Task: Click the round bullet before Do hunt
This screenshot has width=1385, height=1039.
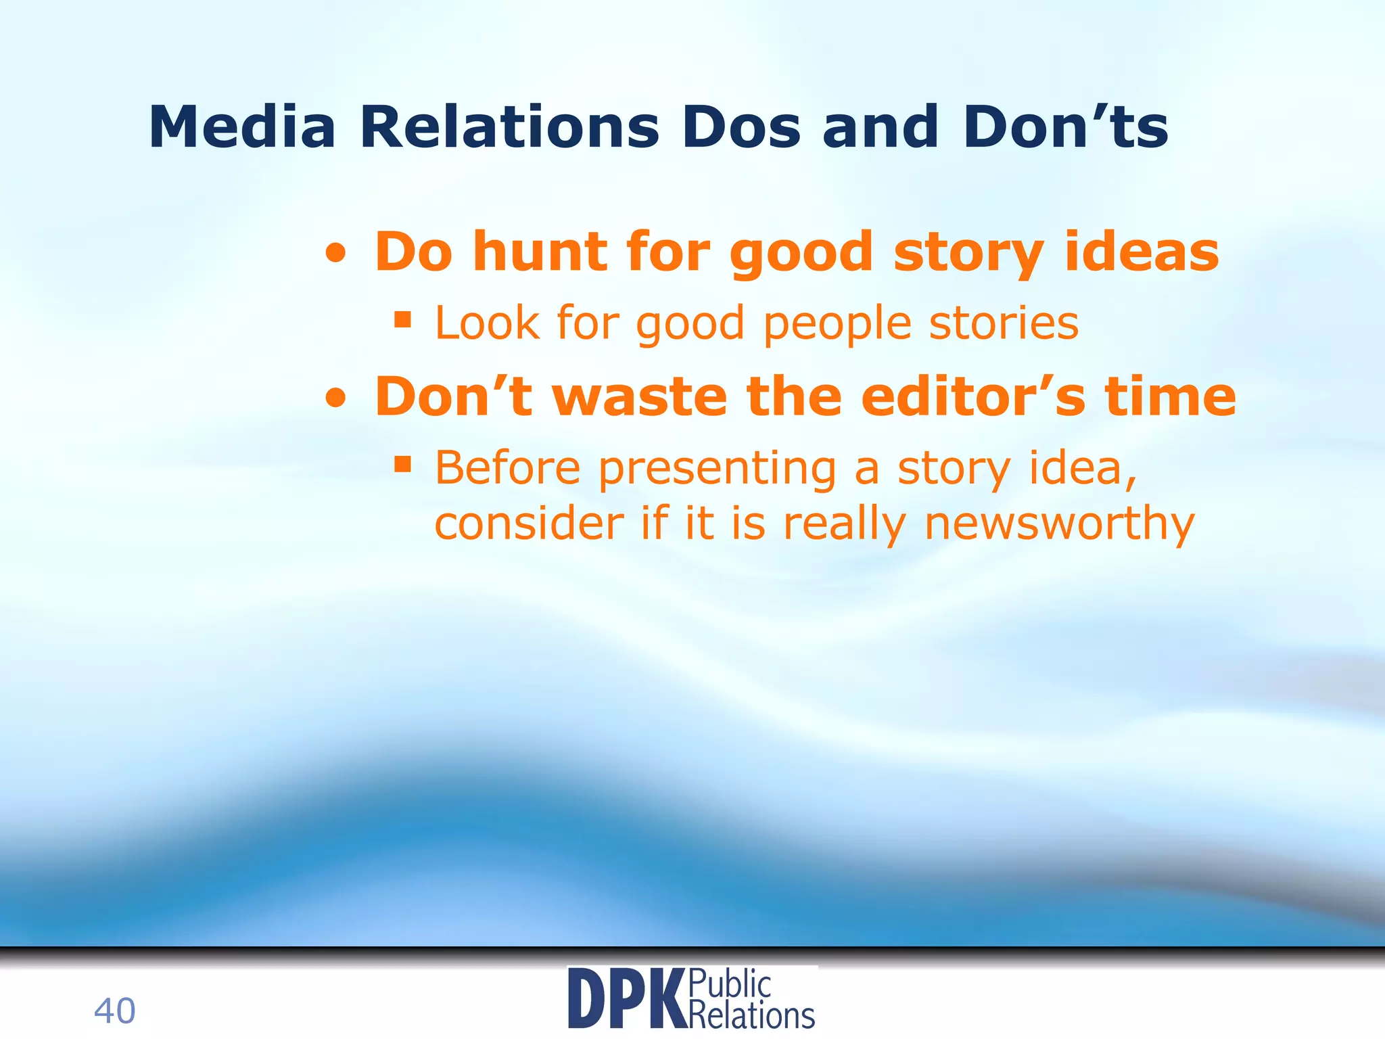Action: pyautogui.click(x=336, y=255)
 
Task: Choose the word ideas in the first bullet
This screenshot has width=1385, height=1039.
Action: pyautogui.click(x=1142, y=252)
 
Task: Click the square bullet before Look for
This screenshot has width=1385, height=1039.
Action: pyautogui.click(x=403, y=319)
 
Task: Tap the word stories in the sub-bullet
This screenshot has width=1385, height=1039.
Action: pyautogui.click(x=1004, y=323)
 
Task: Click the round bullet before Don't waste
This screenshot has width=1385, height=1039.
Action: pyautogui.click(x=336, y=400)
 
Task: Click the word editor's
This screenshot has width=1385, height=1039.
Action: pyautogui.click(x=973, y=396)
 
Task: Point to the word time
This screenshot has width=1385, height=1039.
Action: pyautogui.click(x=1170, y=396)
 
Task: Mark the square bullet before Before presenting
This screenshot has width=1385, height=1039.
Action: pyautogui.click(x=403, y=464)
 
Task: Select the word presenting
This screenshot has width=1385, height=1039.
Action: pyautogui.click(x=718, y=469)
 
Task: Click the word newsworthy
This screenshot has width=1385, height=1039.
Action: pyautogui.click(x=1059, y=524)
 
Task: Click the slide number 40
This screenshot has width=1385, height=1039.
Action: pyautogui.click(x=114, y=1011)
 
